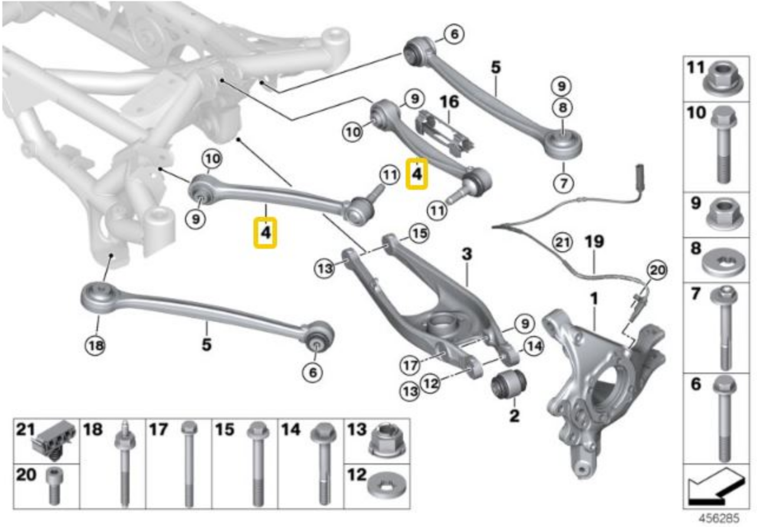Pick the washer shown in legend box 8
click(722, 263)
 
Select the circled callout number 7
click(563, 183)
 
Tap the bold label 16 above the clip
click(449, 102)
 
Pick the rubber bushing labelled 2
click(509, 386)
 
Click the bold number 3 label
click(466, 255)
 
